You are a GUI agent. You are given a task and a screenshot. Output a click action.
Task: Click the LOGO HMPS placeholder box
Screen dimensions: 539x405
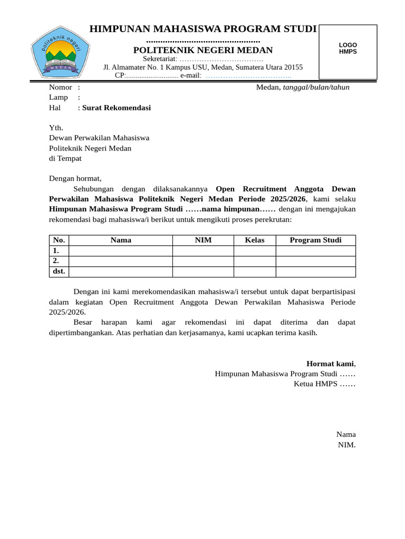click(348, 52)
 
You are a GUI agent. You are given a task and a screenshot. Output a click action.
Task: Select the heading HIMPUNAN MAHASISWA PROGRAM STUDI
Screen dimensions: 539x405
click(203, 29)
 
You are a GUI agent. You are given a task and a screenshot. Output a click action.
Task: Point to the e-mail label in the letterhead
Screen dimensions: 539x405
click(191, 75)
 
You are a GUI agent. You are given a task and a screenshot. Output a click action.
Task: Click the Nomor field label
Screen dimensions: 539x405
click(61, 87)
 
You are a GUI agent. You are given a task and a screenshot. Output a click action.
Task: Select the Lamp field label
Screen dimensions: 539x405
click(59, 97)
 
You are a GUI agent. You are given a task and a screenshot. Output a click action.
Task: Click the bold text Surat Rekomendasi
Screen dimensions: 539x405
click(116, 108)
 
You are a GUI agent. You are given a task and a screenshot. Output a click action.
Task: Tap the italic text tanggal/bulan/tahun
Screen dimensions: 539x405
click(316, 87)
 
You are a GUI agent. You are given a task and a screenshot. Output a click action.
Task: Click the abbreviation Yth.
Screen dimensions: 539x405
click(56, 128)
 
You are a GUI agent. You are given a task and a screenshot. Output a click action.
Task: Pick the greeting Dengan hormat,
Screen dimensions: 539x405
click(75, 178)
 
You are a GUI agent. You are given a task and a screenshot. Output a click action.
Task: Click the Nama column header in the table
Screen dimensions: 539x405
click(121, 241)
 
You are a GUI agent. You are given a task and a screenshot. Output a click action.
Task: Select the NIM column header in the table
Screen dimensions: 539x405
click(203, 241)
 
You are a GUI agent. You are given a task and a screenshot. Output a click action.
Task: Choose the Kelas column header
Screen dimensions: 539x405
click(255, 241)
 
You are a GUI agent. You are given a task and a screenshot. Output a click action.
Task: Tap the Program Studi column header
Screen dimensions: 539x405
click(315, 241)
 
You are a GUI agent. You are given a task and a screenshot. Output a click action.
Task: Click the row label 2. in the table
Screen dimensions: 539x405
click(56, 261)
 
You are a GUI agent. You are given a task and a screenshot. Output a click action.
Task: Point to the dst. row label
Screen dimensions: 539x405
click(59, 272)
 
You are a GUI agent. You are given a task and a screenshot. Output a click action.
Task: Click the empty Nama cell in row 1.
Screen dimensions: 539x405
click(121, 251)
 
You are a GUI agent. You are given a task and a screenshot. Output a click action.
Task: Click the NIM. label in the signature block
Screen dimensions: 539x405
click(346, 445)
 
